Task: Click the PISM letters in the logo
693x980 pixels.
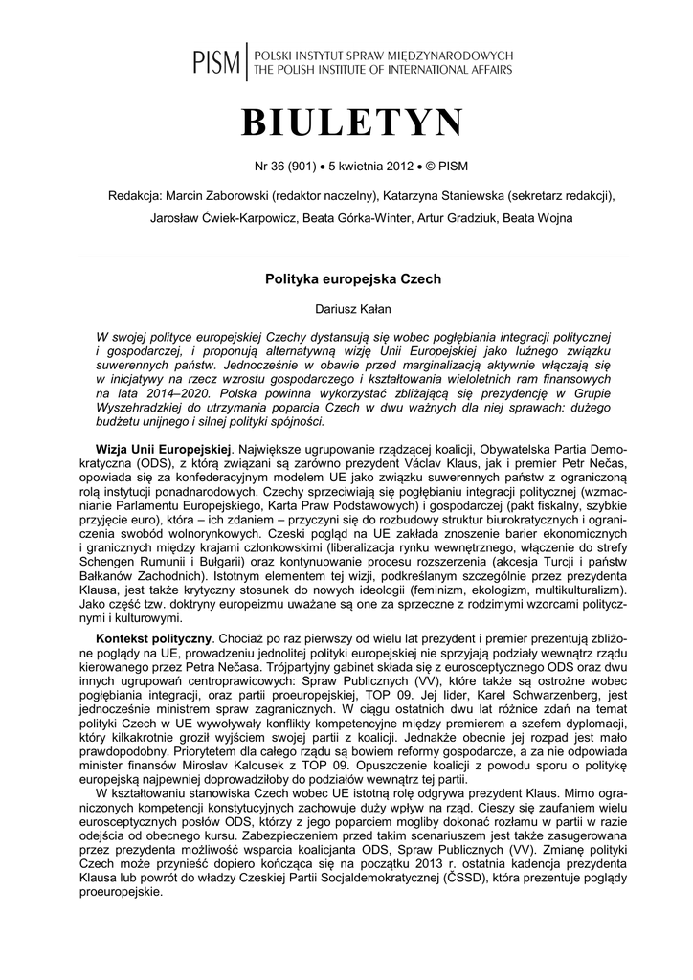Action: [216, 63]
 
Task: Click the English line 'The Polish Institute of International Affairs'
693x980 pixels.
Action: [381, 71]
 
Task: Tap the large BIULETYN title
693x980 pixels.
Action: [352, 124]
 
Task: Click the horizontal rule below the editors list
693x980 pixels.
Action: [352, 256]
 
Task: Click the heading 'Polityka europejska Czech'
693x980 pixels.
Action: [352, 279]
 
